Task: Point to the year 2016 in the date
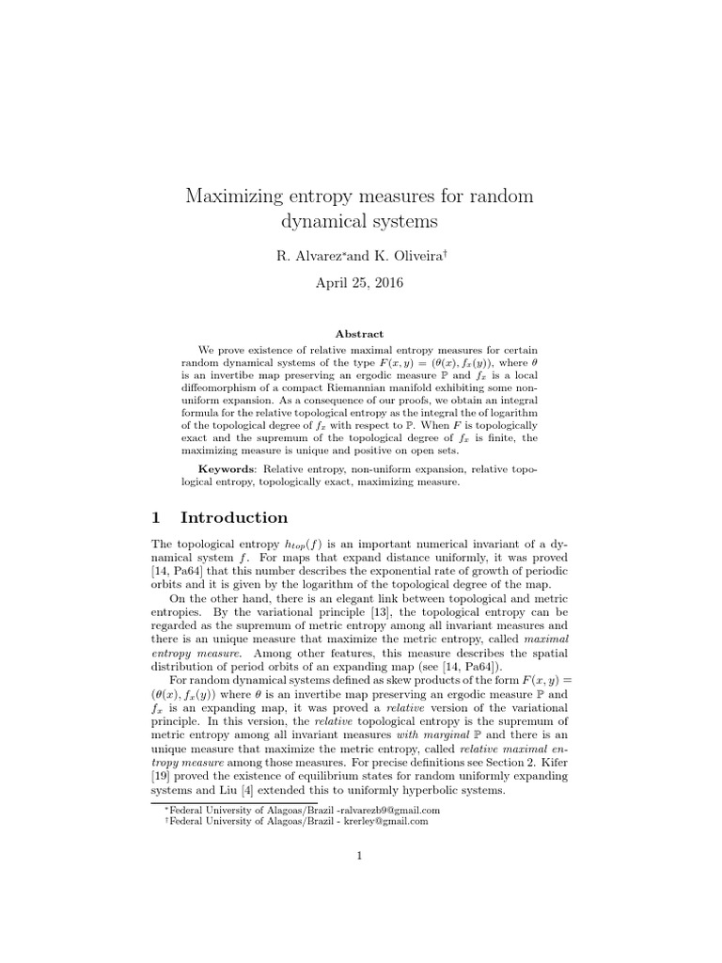click(385, 283)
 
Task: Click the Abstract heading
click(361, 334)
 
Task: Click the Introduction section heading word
click(234, 517)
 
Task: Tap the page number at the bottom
click(361, 855)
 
